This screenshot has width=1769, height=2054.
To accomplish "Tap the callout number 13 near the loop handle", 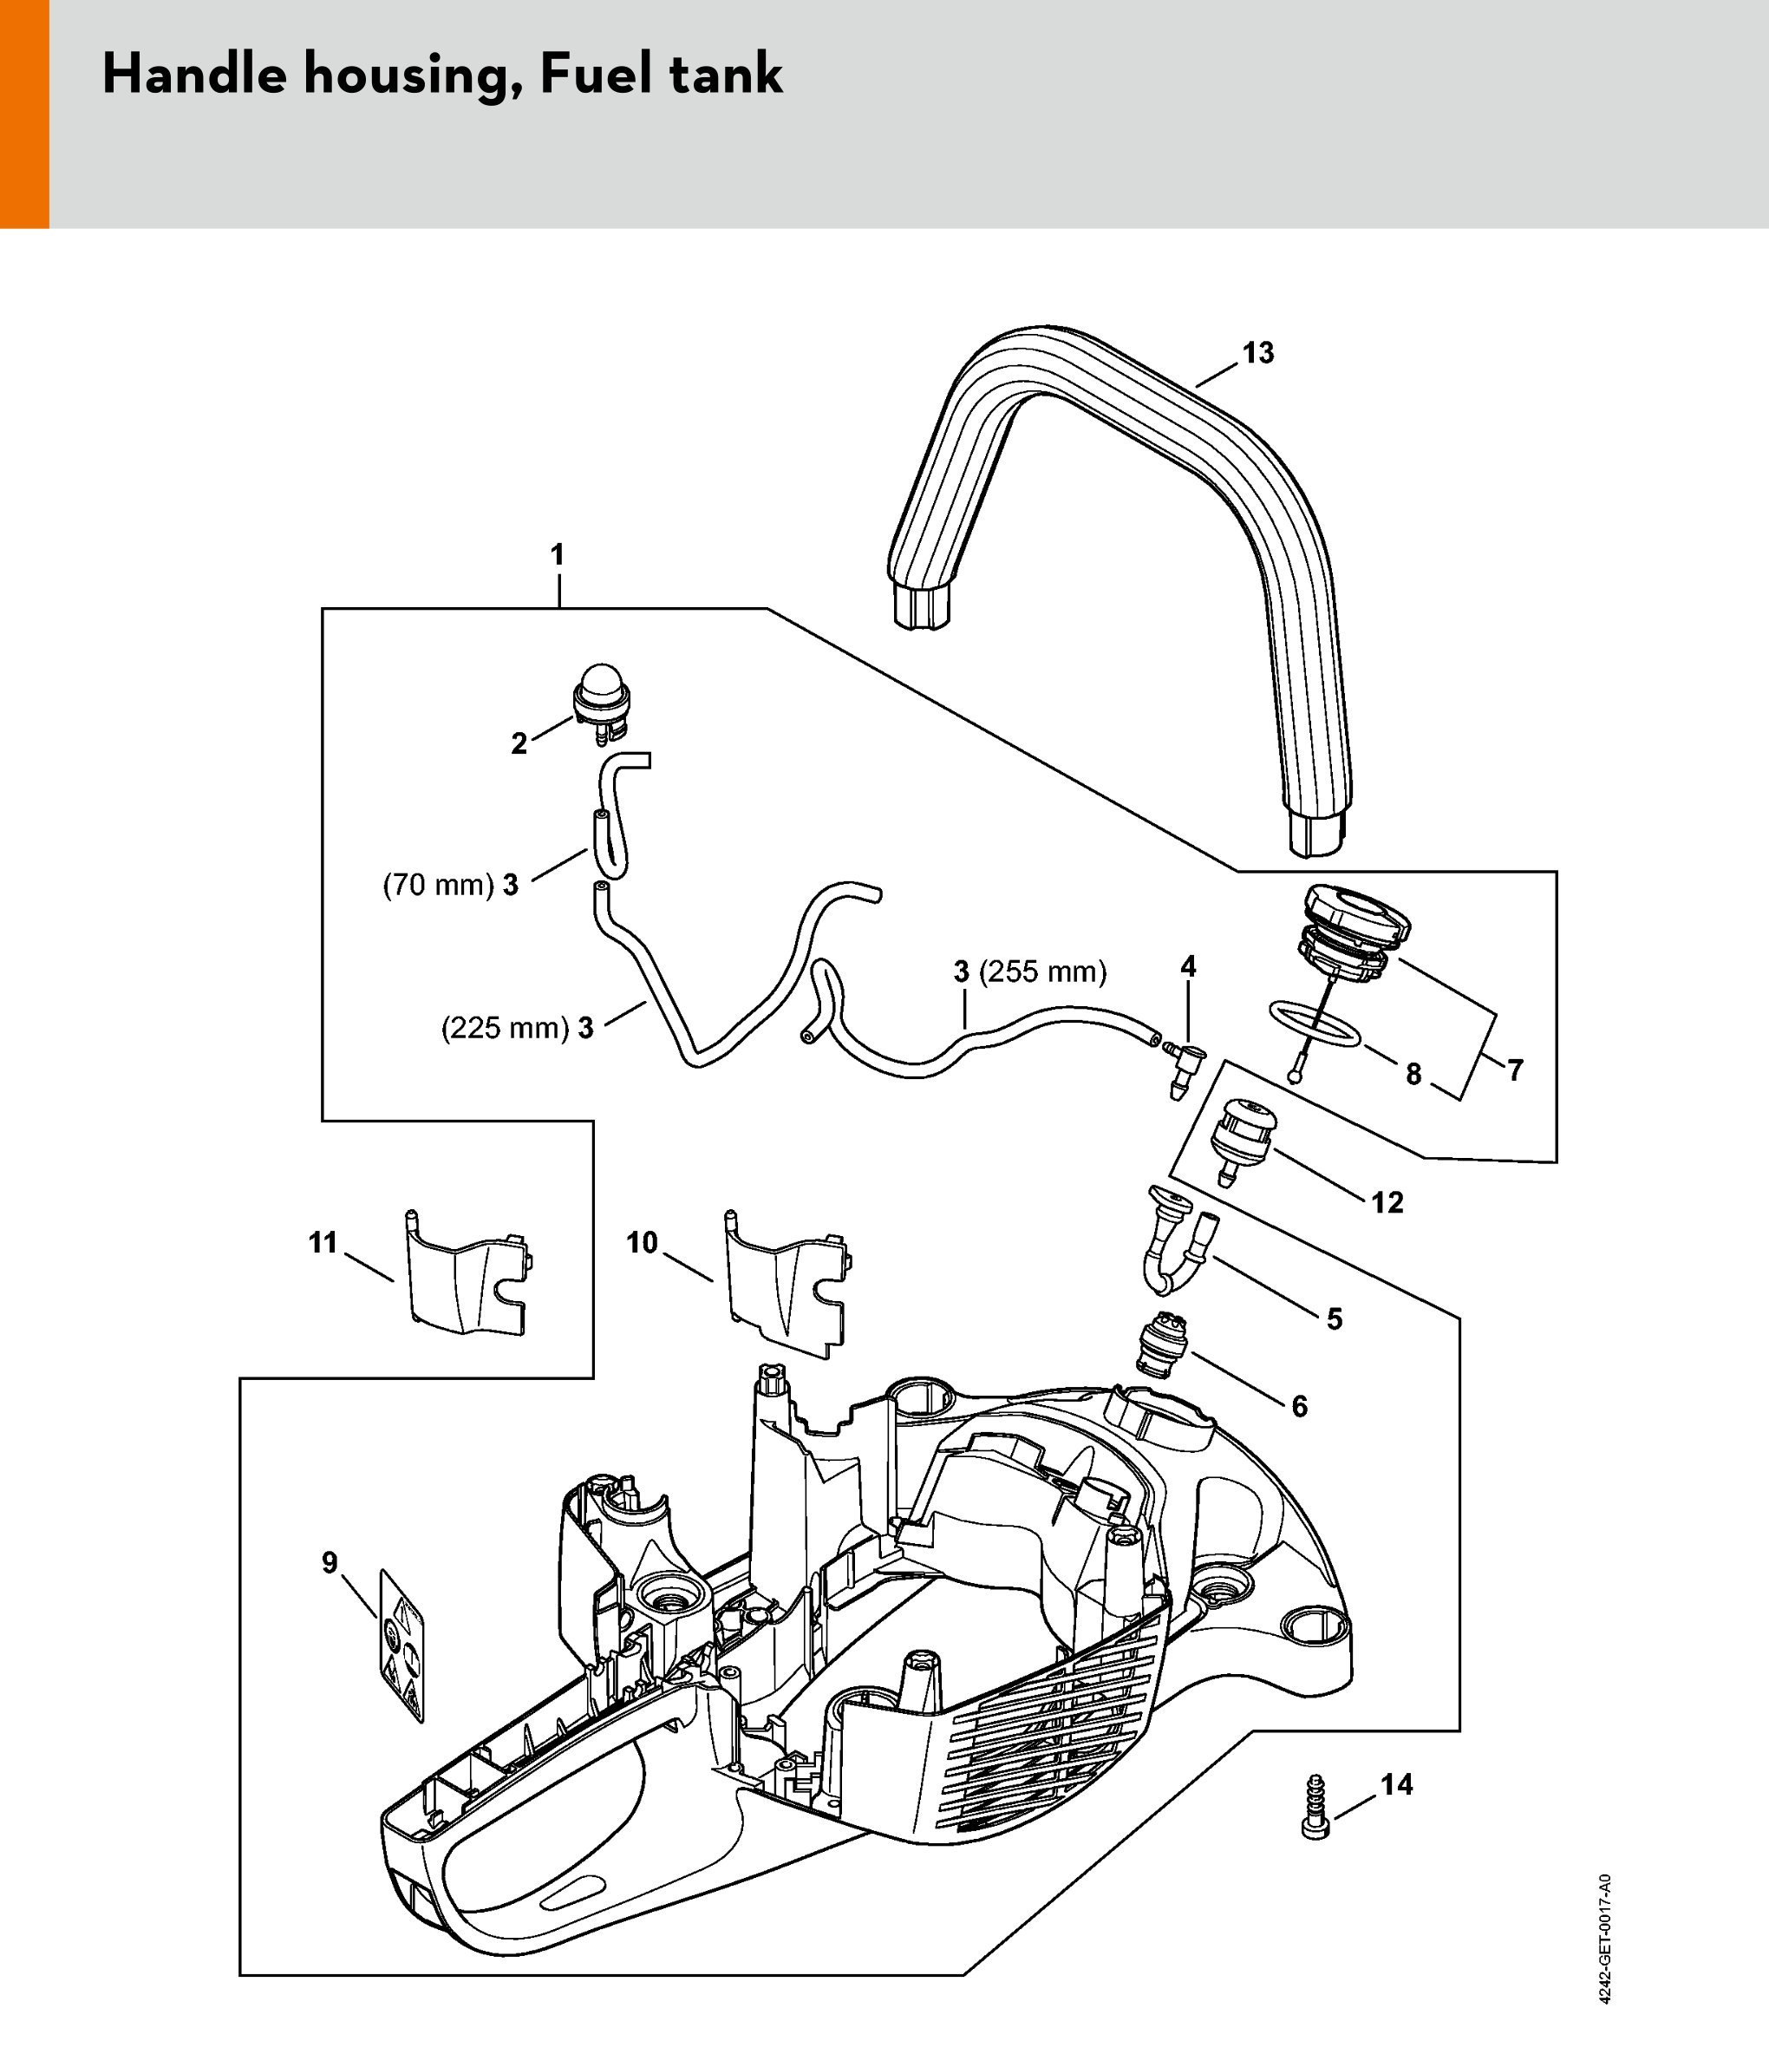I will pos(1257,353).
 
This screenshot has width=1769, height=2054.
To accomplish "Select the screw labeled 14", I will pos(1315,1807).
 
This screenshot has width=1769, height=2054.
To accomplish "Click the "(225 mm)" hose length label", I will pos(505,1028).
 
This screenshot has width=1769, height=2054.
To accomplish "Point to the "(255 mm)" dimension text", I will pos(1042,971).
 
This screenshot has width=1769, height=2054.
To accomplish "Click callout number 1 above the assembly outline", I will pos(558,555).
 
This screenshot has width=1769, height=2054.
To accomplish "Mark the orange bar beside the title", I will pos(23,114).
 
